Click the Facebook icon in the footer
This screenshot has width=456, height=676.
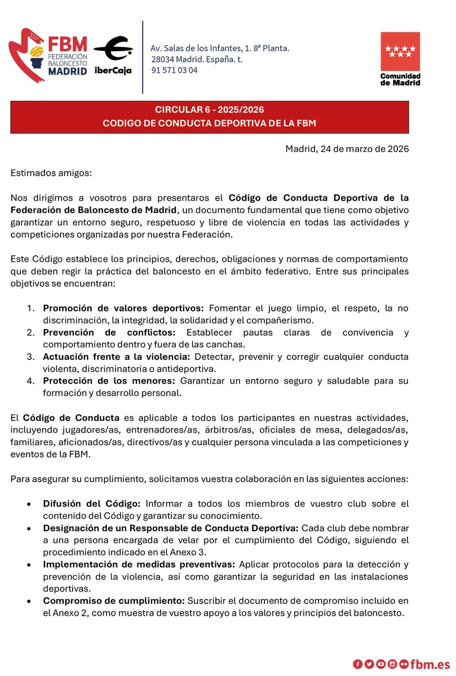357,664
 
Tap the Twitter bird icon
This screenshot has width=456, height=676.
369,664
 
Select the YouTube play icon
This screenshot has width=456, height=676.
380,664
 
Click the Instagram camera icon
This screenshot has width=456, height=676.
392,664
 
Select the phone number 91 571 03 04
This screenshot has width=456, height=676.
174,70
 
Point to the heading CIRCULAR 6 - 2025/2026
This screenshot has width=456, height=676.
210,110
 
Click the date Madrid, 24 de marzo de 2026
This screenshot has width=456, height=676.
347,149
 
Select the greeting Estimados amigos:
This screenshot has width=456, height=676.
51,172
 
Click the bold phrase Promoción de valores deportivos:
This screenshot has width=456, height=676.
124,308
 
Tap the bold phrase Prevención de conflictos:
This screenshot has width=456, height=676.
109,332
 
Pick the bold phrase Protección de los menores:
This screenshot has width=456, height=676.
110,381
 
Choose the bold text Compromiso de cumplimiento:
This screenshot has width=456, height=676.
114,601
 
